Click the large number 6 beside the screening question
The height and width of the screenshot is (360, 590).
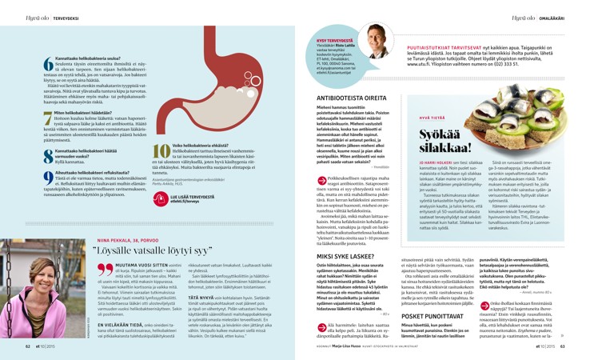[x=48, y=66]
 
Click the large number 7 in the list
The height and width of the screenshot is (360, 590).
[x=48, y=118]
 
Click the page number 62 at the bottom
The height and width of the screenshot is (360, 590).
[x=28, y=347]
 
